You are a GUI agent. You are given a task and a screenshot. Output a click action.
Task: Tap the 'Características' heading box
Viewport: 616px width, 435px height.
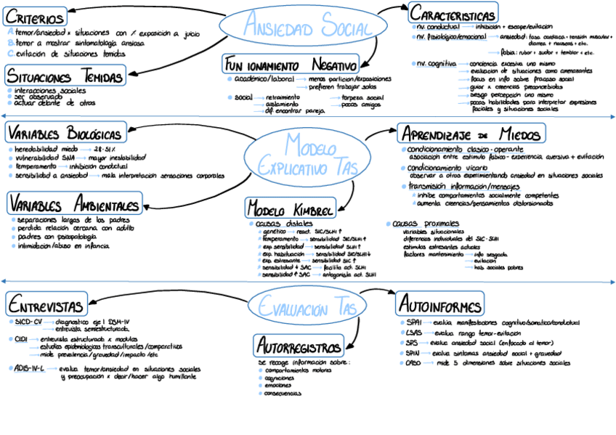[x=453, y=13]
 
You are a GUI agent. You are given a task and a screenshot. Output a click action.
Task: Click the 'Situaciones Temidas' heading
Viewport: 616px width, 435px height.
[x=65, y=75]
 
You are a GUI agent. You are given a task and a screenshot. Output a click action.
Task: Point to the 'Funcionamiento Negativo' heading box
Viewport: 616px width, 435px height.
[x=291, y=64]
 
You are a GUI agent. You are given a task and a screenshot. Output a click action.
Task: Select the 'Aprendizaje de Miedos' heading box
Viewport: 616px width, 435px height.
[x=471, y=134]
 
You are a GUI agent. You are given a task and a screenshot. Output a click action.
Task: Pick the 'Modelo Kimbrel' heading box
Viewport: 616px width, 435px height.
[x=290, y=208]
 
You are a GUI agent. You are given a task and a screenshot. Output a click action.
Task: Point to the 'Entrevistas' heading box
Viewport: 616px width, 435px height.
[x=46, y=303]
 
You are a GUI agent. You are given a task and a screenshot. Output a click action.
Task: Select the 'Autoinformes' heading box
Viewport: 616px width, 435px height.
[x=439, y=304]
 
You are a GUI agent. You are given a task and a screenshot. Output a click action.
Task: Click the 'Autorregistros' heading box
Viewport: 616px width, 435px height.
[x=299, y=344]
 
